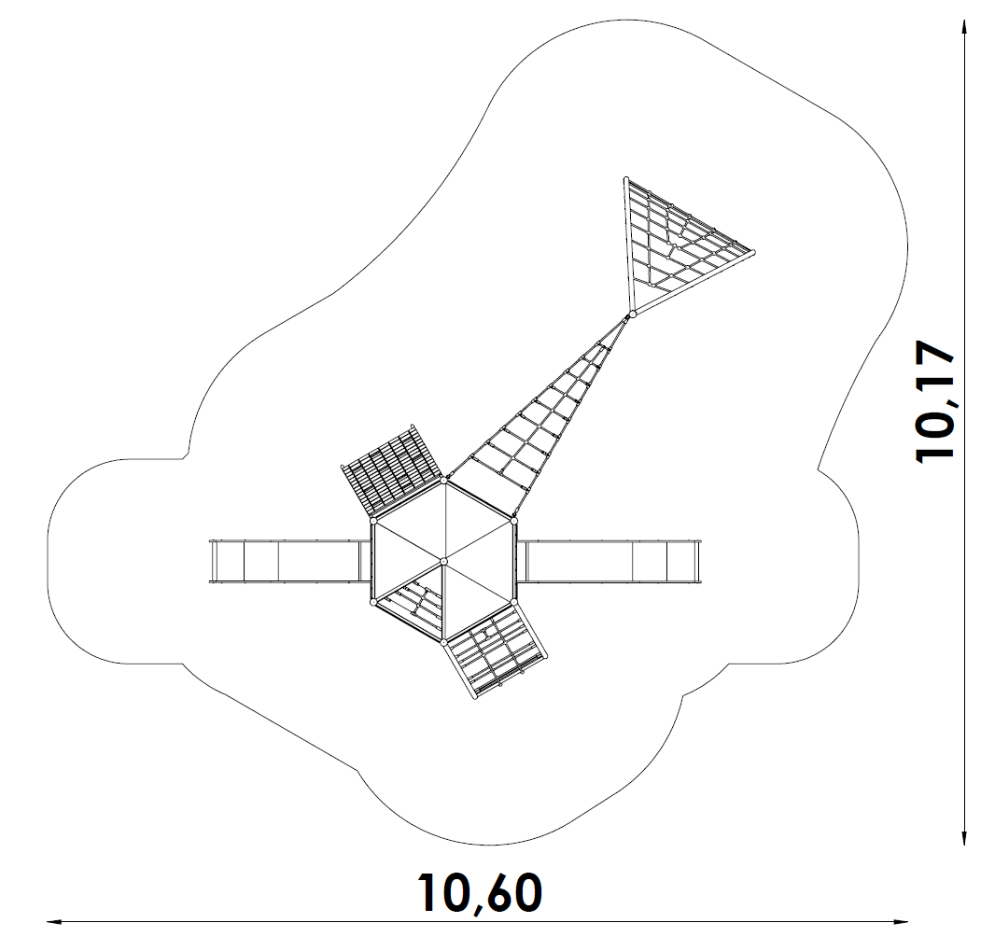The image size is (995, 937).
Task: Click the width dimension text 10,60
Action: [479, 893]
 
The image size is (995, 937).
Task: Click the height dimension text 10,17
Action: [936, 400]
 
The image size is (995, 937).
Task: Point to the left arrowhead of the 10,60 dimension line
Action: [52, 922]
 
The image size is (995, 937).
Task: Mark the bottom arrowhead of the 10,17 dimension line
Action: [966, 841]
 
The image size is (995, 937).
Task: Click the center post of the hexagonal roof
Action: [443, 561]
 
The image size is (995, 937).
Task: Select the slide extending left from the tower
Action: [285, 561]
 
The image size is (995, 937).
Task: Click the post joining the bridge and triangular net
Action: [632, 315]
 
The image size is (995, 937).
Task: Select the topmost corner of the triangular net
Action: [625, 179]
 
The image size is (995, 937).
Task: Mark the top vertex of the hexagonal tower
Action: [444, 481]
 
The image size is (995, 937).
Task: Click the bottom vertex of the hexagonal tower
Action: [443, 642]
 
